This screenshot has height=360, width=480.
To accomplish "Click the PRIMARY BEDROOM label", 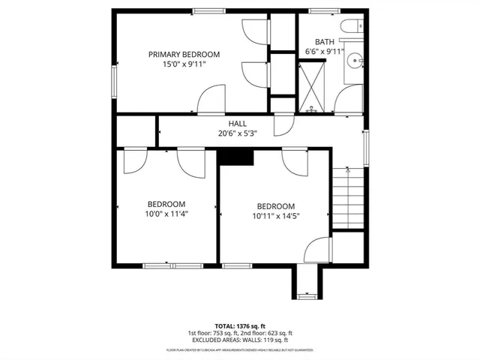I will pos(184,54).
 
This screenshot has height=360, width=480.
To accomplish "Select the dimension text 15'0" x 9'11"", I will pos(184,65).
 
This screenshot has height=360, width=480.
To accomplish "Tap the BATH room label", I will pos(324,42).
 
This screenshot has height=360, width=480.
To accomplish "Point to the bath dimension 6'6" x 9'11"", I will pos(324,52).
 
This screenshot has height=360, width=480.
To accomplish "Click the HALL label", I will pos(237,124).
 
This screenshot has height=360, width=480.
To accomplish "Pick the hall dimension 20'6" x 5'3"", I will pos(237,133).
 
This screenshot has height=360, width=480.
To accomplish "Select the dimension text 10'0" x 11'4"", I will pos(166,214).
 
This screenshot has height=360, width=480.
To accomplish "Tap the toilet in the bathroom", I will pos(351,27).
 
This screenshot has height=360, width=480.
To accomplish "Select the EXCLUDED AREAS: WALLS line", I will pos(240,340).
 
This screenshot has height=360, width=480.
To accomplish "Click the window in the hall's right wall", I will pos(366,147).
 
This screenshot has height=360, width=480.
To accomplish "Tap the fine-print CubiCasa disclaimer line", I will pos(240,350).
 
